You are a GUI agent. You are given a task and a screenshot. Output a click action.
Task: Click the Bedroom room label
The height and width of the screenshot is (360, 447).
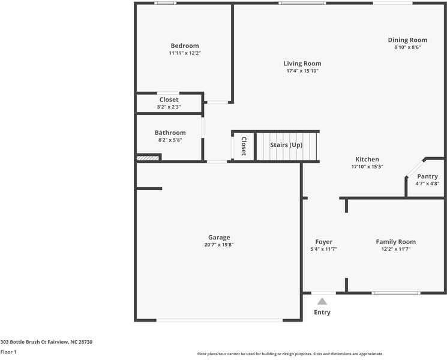point(184,46)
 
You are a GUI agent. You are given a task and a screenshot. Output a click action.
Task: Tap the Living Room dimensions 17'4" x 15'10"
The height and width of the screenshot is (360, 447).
point(302,71)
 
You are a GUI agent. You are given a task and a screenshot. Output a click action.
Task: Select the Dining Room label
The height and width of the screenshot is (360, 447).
point(407,40)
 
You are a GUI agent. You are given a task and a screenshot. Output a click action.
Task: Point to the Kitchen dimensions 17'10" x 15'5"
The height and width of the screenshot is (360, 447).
point(367,167)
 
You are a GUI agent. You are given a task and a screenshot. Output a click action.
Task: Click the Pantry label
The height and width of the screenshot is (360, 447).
point(427,176)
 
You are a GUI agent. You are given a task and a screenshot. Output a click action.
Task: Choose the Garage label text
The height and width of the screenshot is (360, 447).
point(219,237)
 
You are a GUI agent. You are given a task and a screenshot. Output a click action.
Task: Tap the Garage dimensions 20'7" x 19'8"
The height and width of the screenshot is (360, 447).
point(219,245)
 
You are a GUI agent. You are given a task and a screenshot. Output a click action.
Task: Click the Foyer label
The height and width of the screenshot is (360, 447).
point(324,242)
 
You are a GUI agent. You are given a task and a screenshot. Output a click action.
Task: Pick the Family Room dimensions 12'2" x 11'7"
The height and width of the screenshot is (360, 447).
point(396,249)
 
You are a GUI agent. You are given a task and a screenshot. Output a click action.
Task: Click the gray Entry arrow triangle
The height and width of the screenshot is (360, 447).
point(322,301)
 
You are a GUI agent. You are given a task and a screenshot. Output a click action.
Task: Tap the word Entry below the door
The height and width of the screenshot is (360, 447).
point(322,312)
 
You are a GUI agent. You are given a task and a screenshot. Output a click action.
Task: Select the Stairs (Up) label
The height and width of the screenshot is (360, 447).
point(286,145)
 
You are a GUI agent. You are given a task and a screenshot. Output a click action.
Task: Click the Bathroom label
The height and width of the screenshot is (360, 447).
point(170,133)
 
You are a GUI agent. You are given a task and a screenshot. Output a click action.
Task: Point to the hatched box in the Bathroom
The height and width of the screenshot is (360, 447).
point(148,158)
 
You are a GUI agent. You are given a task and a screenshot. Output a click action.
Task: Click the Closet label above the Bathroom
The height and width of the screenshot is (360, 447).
point(169,100)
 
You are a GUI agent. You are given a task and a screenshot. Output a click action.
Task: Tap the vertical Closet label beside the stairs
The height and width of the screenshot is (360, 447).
point(244,146)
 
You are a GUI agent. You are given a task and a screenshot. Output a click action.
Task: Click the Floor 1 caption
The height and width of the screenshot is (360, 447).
point(8,352)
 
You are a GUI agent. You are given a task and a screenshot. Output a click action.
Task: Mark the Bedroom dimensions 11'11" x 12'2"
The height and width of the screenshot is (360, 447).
point(184,53)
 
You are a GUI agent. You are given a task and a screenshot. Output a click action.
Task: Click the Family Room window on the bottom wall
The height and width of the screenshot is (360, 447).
point(395,293)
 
